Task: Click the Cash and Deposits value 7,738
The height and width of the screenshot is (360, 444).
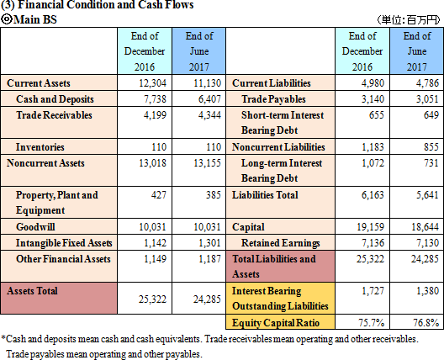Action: (x=155, y=99)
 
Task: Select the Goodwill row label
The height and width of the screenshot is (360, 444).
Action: (x=35, y=227)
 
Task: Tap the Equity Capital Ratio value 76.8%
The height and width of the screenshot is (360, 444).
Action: (x=425, y=322)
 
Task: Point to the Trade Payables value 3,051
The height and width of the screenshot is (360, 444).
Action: (x=427, y=99)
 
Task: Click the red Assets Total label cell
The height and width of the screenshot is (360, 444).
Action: (x=59, y=298)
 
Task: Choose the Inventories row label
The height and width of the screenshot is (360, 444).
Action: (x=40, y=147)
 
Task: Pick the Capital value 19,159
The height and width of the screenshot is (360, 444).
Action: (x=370, y=227)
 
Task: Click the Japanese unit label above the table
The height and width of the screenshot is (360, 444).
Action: (x=409, y=20)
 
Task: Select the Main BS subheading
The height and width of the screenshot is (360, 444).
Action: (x=29, y=19)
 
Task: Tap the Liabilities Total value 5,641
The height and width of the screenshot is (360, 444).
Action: (x=427, y=195)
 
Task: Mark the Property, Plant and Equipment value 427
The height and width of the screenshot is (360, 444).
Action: (x=159, y=195)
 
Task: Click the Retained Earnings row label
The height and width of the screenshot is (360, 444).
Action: (x=280, y=243)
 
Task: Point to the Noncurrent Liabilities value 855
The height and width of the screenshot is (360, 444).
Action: (x=431, y=147)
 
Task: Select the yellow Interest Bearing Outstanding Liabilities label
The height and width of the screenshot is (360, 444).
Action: (x=280, y=299)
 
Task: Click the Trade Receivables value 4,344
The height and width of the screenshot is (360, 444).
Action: (x=209, y=115)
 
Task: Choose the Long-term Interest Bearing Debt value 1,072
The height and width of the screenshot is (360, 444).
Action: (x=373, y=163)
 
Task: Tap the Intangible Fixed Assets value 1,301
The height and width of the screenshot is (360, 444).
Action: (x=209, y=243)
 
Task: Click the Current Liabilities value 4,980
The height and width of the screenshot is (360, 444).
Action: (x=373, y=83)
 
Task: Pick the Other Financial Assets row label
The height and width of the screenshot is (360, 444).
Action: (x=63, y=259)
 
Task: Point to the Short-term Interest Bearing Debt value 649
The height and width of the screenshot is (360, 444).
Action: (x=431, y=115)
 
